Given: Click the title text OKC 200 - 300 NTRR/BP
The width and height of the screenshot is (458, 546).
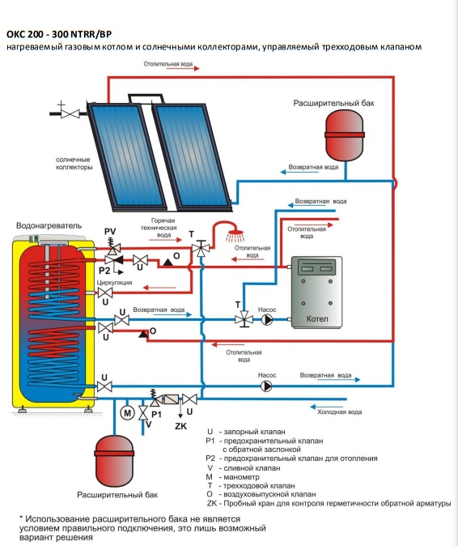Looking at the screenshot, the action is coord(59,34).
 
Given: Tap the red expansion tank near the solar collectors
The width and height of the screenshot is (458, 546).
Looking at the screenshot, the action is coord(344,135).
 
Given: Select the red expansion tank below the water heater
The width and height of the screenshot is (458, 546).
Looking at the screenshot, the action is coord(114,461).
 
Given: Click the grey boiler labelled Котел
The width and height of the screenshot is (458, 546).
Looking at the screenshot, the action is coord(316,292).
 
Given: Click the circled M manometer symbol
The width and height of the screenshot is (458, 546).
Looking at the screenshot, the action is coord(127,413).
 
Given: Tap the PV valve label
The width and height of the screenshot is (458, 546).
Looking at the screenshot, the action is coord(110,231).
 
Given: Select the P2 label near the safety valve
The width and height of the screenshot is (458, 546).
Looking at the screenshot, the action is coord(104,271).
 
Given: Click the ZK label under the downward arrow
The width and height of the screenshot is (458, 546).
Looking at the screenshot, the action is coord(180,426).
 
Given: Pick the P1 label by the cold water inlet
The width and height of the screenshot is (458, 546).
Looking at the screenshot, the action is coord(156,415).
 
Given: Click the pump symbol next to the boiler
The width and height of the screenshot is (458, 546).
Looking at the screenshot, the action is coord(267,319).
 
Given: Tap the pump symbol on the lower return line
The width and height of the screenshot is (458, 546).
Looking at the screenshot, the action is coord(266,386).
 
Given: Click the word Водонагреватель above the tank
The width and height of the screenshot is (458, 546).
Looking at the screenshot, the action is coord(49,225).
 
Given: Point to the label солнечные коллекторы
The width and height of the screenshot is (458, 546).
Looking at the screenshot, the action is coord(74,164).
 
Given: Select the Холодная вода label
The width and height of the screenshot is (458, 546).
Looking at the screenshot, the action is coord(339,412).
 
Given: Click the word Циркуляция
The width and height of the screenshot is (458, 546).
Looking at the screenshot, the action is coord(114,283).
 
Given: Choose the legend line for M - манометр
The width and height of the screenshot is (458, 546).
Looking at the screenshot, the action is coord(233,476).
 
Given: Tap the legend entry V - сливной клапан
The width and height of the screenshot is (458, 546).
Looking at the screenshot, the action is coord(244,468).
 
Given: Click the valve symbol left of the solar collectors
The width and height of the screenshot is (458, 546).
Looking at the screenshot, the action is coord(70,113).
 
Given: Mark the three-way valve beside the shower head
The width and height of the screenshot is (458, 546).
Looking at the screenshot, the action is coord(201,249).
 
